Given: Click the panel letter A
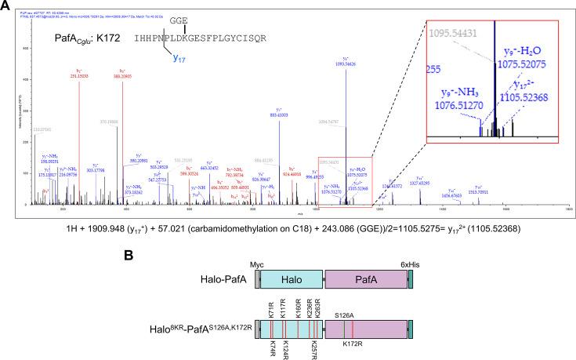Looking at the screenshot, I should click(7, 7).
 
